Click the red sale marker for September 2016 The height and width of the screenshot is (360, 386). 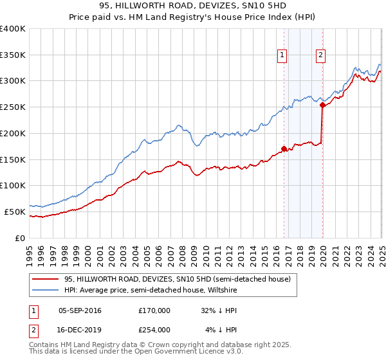point(284,148)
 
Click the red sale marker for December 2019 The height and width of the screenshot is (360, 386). point(322,105)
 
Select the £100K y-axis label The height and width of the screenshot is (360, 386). point(13,185)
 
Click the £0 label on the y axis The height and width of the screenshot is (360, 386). point(21,237)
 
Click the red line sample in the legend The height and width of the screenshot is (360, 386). point(44,279)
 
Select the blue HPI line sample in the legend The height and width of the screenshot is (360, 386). point(44,290)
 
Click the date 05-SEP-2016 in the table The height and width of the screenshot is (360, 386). point(80,310)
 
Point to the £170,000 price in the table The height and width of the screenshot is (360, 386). point(154,310)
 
